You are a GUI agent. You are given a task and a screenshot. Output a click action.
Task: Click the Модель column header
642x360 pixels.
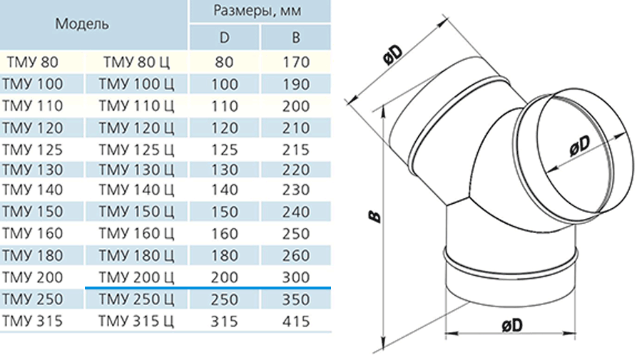point(82,24)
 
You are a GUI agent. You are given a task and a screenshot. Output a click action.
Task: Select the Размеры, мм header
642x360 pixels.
point(257,10)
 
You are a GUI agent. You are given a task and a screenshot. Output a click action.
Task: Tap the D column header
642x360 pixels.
point(224,38)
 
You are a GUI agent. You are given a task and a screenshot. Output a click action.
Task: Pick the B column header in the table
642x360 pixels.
point(295,38)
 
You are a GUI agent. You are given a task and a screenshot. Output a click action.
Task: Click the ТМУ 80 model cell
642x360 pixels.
point(32,62)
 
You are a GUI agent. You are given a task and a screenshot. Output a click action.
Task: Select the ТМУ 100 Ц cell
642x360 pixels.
point(136,84)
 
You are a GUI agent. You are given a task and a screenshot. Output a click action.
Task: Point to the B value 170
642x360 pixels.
point(295,62)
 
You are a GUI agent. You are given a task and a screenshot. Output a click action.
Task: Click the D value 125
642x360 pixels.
point(225,150)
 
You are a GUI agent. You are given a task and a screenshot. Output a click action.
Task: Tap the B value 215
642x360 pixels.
point(295,150)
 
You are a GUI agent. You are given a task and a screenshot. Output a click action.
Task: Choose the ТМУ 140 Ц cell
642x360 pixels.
point(136,190)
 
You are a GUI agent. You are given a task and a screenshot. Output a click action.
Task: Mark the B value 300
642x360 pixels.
point(295,277)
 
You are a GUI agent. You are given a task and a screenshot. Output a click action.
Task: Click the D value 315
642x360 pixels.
point(225,321)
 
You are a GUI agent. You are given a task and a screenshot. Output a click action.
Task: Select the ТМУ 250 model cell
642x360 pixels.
point(32,299)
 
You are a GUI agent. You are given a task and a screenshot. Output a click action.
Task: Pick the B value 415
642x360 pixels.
point(295,321)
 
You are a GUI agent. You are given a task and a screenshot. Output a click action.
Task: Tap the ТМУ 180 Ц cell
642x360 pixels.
point(136,256)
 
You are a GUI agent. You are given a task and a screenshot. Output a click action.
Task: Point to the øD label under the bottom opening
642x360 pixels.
point(512,326)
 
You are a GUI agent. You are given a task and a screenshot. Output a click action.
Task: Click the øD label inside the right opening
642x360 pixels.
point(580,145)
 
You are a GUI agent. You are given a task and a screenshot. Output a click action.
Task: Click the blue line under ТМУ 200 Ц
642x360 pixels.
point(208,288)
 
